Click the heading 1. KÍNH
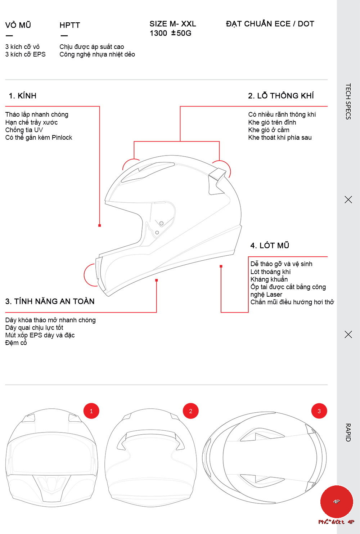pos(22,96)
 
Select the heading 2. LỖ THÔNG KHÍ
pos(281,96)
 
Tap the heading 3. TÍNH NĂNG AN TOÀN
pos(50,301)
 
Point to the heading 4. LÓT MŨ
pos(270,246)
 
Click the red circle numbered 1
pos(91,411)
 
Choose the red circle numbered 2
pos(191,411)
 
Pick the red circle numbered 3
pos(319,411)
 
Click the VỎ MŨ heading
pos(18,25)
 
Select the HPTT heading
pos(69,25)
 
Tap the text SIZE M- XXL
pos(173,24)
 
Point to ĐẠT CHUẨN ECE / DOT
pos(270,24)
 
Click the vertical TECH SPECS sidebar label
pos(348,101)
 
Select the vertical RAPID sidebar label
pos(348,432)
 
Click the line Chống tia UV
pos(24,130)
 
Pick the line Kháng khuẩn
pos(269,279)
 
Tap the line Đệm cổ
pos(16,343)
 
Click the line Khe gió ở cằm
pos(269,130)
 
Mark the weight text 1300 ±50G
pos(171,33)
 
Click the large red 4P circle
pos(337,502)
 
